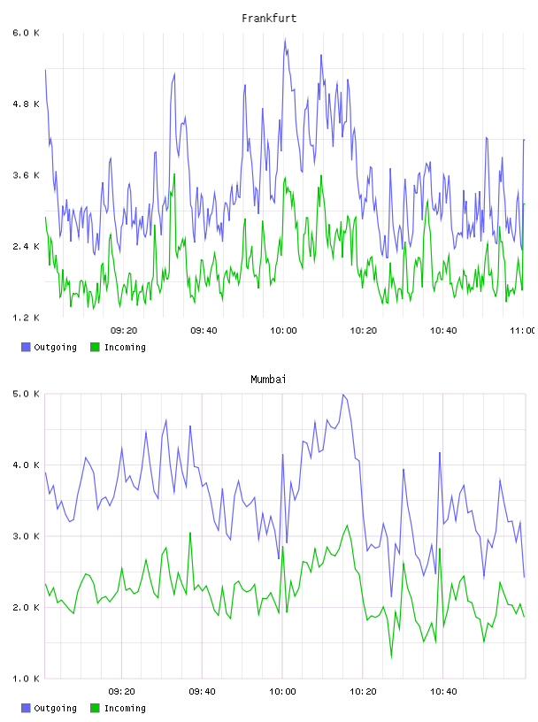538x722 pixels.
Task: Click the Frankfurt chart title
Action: point(269,19)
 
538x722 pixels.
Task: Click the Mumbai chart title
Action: point(268,380)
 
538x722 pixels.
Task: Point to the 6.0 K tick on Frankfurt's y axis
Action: point(26,33)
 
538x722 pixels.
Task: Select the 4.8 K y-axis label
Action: point(26,104)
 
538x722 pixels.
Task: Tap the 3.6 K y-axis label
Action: point(26,175)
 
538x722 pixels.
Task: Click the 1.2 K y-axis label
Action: point(26,318)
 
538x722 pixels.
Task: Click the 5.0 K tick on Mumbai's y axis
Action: point(26,394)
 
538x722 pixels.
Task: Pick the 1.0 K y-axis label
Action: point(26,679)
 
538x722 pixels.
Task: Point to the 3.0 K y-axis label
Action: point(26,536)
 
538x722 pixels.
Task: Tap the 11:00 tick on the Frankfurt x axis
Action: point(523,331)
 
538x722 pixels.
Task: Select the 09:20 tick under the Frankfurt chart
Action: point(124,331)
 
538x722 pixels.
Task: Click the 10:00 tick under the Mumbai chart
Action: point(282,692)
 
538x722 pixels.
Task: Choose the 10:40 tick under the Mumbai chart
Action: point(443,692)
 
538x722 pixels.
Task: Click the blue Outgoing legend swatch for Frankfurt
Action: point(26,347)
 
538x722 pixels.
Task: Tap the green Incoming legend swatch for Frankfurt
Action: point(95,347)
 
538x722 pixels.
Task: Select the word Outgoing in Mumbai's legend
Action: point(55,708)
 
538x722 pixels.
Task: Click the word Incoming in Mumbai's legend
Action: point(125,708)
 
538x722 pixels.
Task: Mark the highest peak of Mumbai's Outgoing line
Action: point(343,395)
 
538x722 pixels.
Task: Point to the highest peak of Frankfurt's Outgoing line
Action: point(285,40)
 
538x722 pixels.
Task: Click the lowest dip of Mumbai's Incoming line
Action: point(391,657)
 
